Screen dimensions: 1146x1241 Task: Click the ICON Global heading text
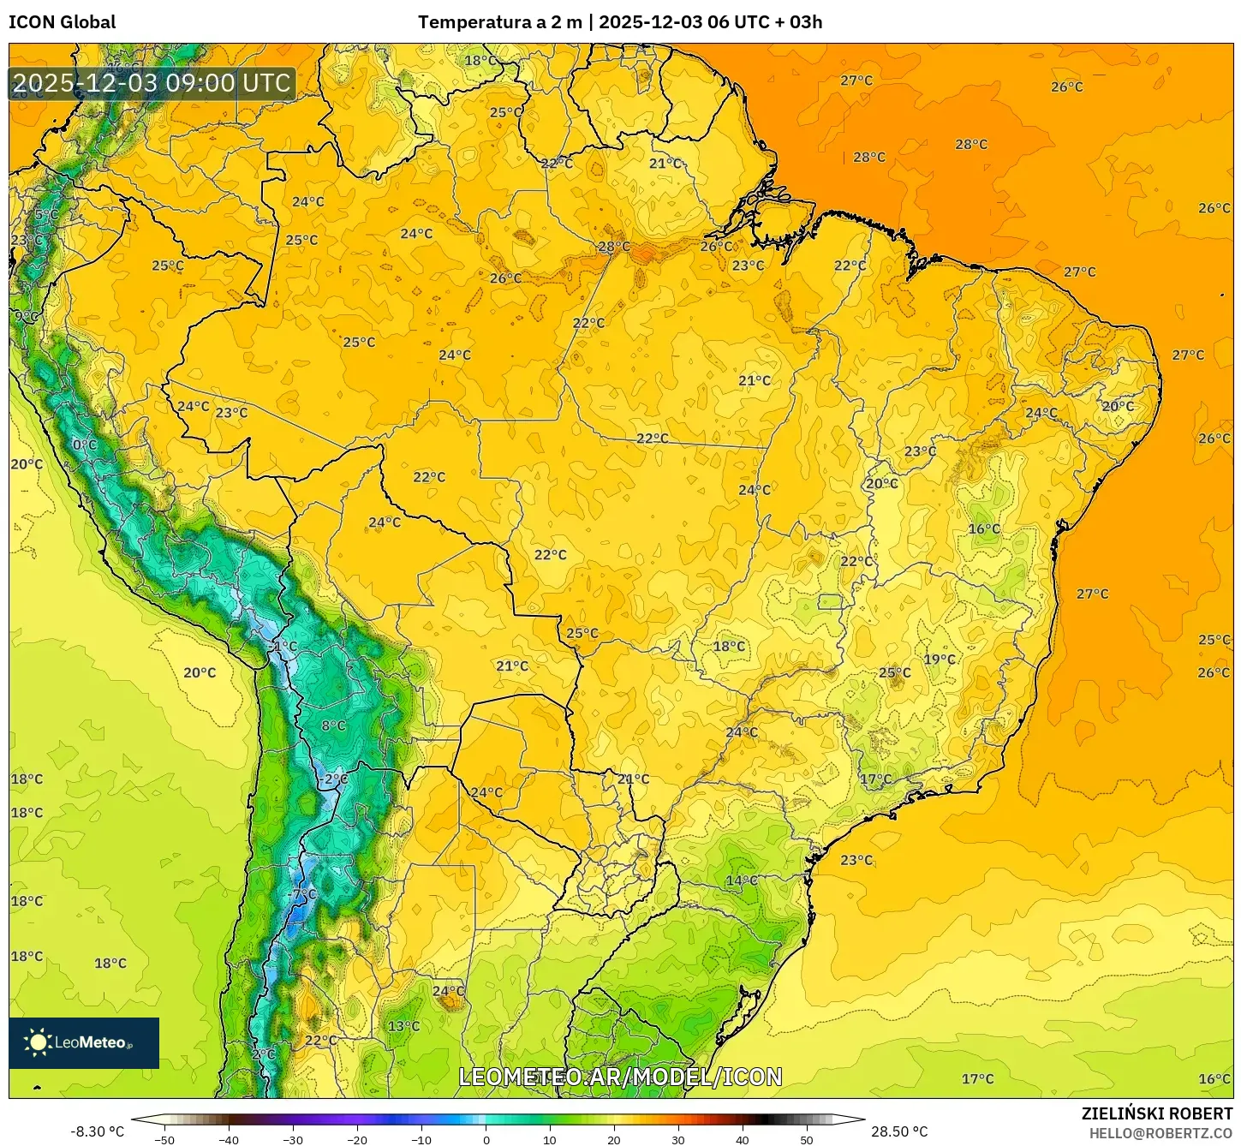(62, 22)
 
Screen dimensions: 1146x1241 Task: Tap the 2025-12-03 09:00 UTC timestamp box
(152, 83)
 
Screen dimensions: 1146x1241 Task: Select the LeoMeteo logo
(84, 1042)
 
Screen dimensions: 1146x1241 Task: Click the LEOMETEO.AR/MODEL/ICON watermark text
(620, 1077)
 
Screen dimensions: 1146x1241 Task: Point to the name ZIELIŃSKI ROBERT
(1156, 1113)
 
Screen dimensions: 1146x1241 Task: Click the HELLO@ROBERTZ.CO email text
(1160, 1133)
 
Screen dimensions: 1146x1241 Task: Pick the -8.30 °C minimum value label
(97, 1131)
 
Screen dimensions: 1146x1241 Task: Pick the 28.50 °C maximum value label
(899, 1131)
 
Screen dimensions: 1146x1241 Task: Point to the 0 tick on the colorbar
(486, 1139)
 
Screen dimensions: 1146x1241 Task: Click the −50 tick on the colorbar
(164, 1139)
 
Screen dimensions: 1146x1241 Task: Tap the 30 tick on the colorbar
(678, 1139)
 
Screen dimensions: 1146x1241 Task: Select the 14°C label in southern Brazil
(742, 880)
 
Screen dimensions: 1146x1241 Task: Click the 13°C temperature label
(403, 1026)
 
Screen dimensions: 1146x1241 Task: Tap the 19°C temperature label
(940, 660)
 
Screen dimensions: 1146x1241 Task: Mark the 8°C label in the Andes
(333, 725)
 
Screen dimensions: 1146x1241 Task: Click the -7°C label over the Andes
(303, 893)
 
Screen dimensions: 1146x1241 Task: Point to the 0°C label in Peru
(85, 445)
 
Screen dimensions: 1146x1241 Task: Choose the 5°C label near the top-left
(46, 215)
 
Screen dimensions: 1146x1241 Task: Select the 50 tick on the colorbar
(807, 1139)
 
